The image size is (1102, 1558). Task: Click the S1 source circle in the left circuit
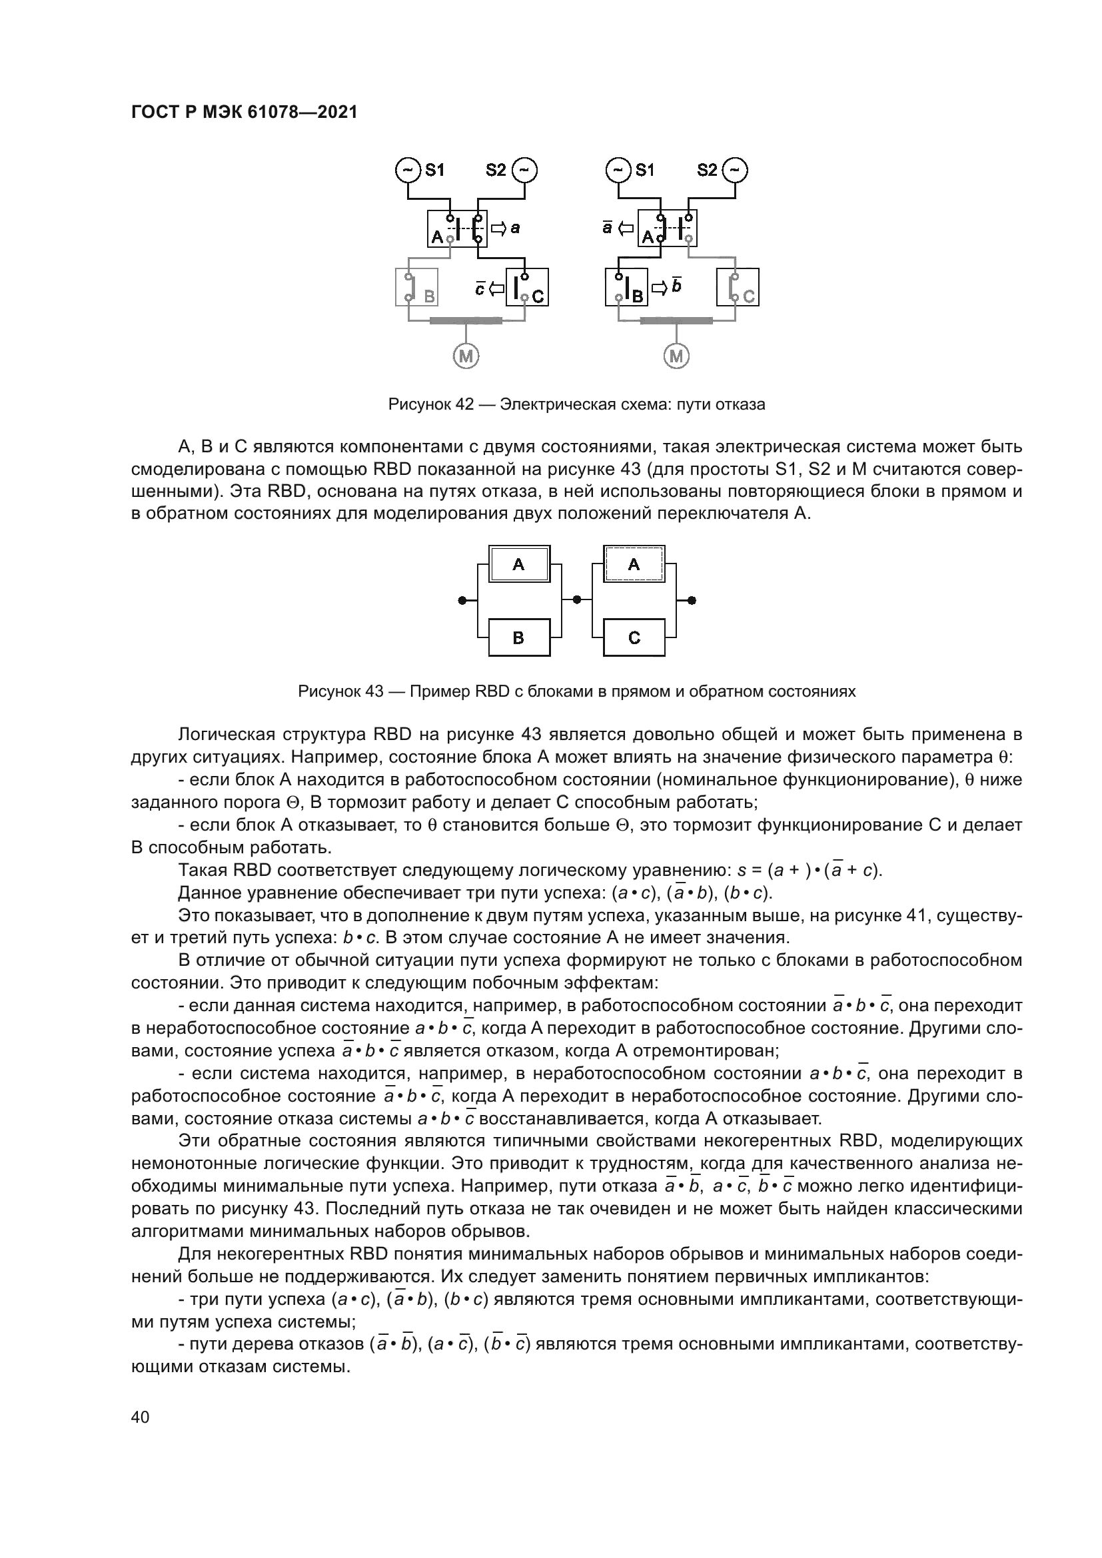tap(407, 170)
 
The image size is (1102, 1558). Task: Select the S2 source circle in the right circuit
tap(736, 170)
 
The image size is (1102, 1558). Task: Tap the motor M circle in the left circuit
tap(466, 356)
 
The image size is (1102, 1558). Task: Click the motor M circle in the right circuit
tap(676, 356)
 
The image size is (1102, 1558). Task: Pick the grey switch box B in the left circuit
tap(416, 287)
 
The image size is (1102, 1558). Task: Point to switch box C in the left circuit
tap(527, 287)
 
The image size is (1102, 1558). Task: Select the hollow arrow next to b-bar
tap(660, 288)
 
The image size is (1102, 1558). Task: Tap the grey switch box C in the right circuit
tap(738, 287)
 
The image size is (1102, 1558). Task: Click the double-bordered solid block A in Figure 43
tap(519, 564)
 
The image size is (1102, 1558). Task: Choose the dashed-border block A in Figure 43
tap(634, 564)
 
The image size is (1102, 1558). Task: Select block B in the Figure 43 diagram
tap(519, 637)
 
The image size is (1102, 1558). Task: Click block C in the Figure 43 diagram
tap(634, 637)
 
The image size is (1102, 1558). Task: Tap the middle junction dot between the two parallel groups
tap(577, 600)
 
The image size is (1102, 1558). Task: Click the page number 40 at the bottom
tap(141, 1417)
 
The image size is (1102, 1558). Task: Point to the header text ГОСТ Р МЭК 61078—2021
tap(245, 113)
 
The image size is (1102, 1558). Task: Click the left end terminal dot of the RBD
tap(462, 600)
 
